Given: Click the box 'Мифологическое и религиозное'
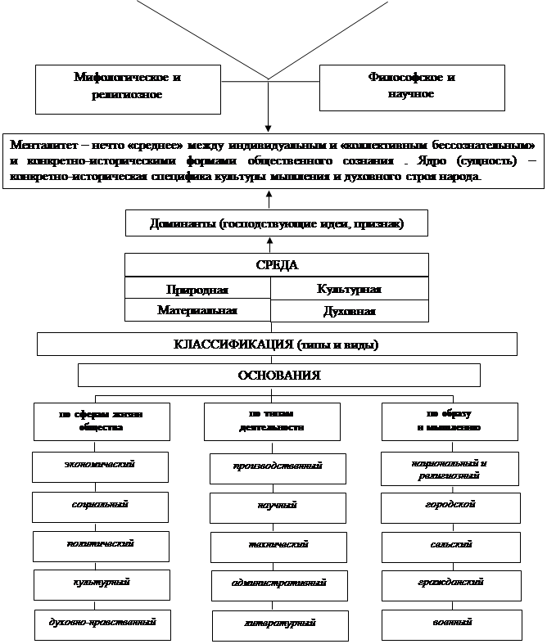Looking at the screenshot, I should pyautogui.click(x=127, y=86).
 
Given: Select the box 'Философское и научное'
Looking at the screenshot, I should pyautogui.click(x=411, y=86).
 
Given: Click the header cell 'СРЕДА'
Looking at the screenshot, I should pyautogui.click(x=276, y=265).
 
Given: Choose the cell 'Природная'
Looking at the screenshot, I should pyautogui.click(x=197, y=290).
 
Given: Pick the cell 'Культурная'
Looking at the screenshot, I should pyautogui.click(x=349, y=289).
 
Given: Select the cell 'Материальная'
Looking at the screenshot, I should pyautogui.click(x=197, y=310).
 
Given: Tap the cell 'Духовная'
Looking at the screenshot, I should pyautogui.click(x=349, y=311).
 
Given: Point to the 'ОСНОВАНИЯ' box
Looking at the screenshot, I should pyautogui.click(x=278, y=375).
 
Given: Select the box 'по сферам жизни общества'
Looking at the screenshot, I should pyautogui.click(x=101, y=421).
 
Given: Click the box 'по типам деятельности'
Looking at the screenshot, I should pyautogui.click(x=272, y=421).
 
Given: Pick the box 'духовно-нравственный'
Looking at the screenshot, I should pyautogui.click(x=103, y=624).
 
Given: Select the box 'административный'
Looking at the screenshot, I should pyautogui.click(x=279, y=583).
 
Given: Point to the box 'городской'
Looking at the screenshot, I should pyautogui.click(x=450, y=505).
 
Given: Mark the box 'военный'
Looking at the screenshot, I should pyautogui.click(x=451, y=624).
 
